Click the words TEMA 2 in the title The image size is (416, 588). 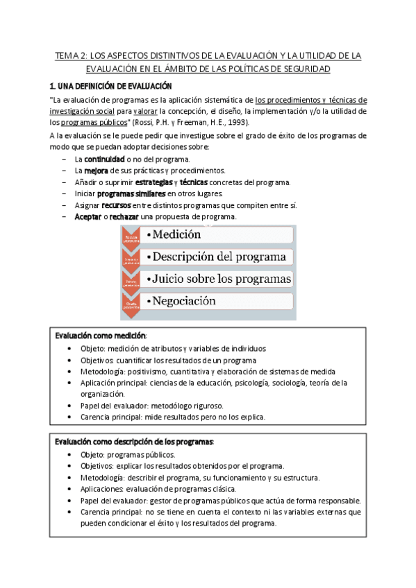[70, 55]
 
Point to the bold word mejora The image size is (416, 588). [96, 171]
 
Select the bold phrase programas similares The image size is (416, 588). [131, 194]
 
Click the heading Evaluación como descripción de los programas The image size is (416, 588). [134, 442]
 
